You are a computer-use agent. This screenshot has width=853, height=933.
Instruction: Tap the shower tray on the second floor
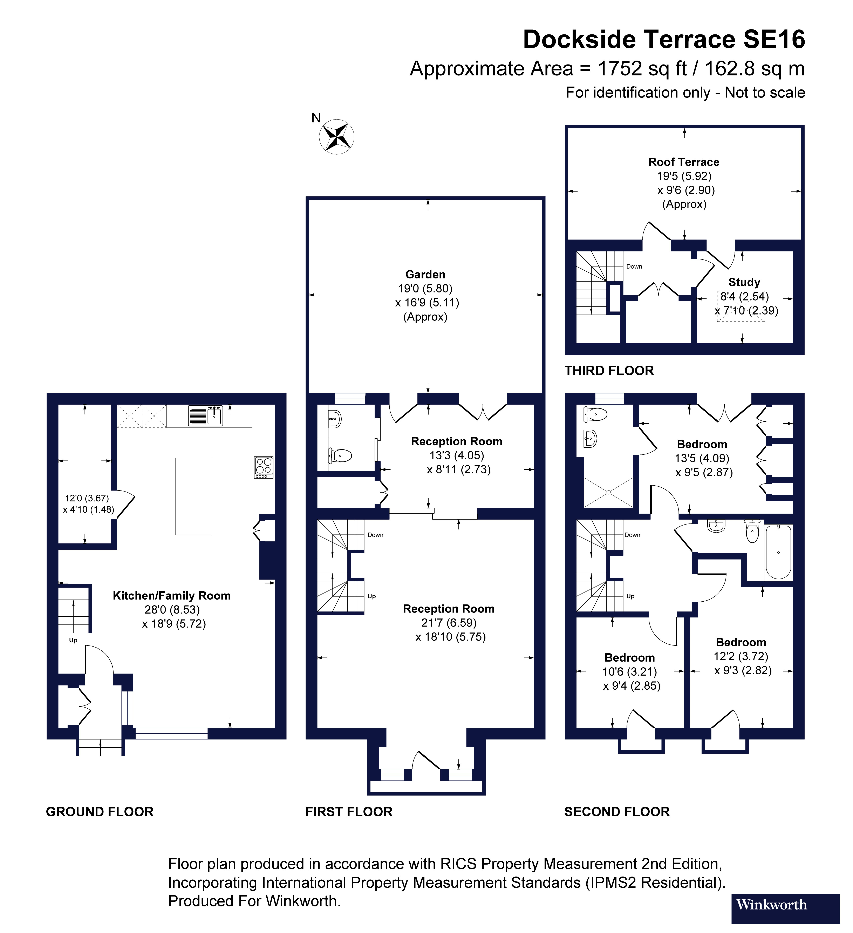click(608, 492)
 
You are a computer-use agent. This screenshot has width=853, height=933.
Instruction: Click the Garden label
click(425, 275)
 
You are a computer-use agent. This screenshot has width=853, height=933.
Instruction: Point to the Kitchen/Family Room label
click(172, 596)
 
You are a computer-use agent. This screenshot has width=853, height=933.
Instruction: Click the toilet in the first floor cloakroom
click(340, 455)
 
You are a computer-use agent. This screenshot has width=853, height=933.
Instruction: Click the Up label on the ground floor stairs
click(73, 640)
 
